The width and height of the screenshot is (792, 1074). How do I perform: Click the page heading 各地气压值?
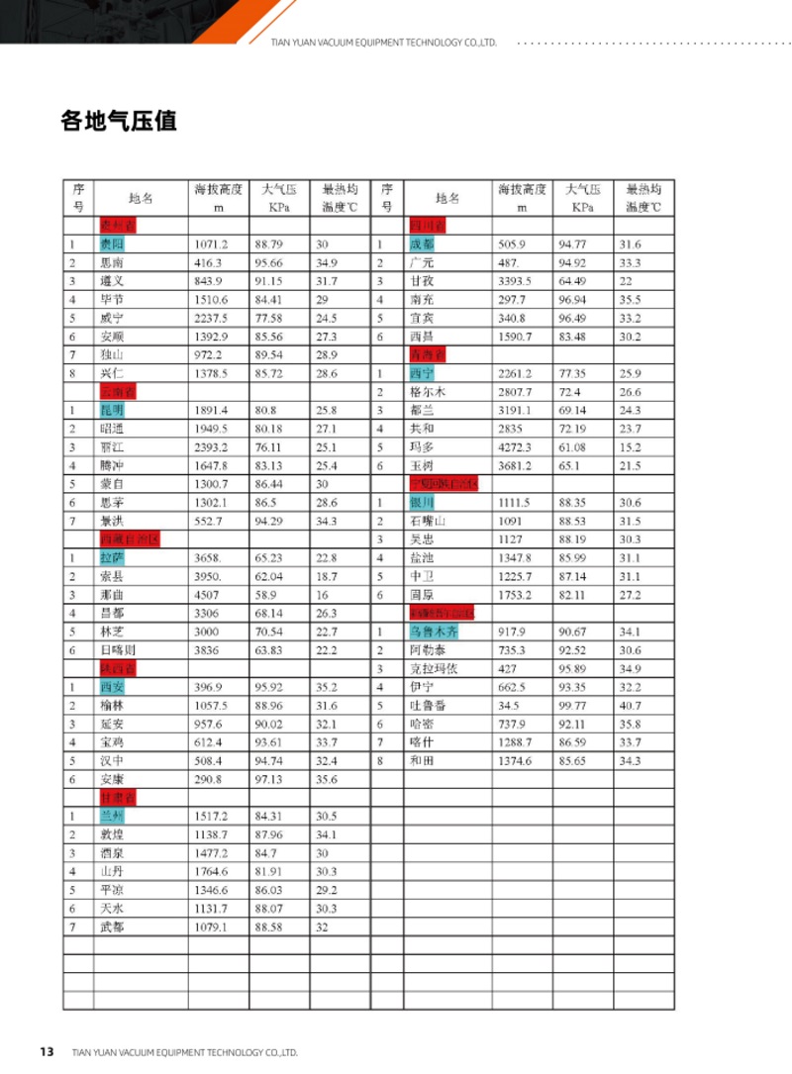[x=118, y=122]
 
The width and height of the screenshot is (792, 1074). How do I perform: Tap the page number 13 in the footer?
[x=47, y=1051]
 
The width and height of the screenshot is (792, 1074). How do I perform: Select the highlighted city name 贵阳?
[x=111, y=244]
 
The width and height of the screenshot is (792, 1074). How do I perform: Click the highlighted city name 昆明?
[x=111, y=410]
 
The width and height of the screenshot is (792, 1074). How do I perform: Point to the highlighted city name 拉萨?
[x=111, y=557]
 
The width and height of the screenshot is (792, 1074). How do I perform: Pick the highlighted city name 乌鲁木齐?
[x=433, y=632]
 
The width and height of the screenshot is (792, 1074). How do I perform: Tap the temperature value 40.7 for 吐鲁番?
[x=631, y=706]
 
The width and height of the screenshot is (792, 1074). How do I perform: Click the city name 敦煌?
[x=112, y=834]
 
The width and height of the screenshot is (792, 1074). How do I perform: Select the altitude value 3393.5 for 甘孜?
[x=515, y=281]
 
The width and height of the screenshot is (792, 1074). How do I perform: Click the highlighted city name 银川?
[x=421, y=502]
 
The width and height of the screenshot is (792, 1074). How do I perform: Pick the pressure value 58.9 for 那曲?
[x=264, y=594]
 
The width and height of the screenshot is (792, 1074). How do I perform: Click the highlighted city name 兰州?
[x=111, y=817]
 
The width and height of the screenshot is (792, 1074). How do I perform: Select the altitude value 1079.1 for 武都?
[x=211, y=927]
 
